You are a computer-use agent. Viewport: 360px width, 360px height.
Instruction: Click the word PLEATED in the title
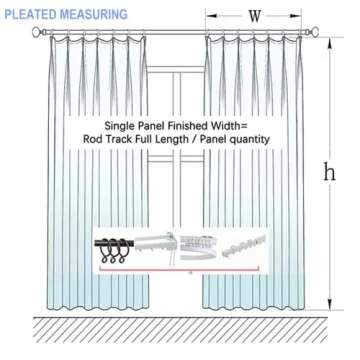[31, 15]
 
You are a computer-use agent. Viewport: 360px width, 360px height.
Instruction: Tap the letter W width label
[254, 16]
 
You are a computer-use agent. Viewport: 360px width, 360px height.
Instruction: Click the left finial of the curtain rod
[38, 32]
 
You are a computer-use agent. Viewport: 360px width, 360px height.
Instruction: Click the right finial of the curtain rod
[324, 32]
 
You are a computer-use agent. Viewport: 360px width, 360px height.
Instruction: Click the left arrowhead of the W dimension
[209, 16]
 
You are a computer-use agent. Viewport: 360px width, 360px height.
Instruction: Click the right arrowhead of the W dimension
[299, 16]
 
